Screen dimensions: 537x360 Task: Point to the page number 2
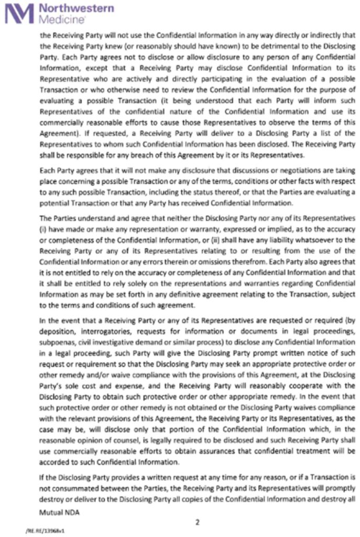click(198, 522)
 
